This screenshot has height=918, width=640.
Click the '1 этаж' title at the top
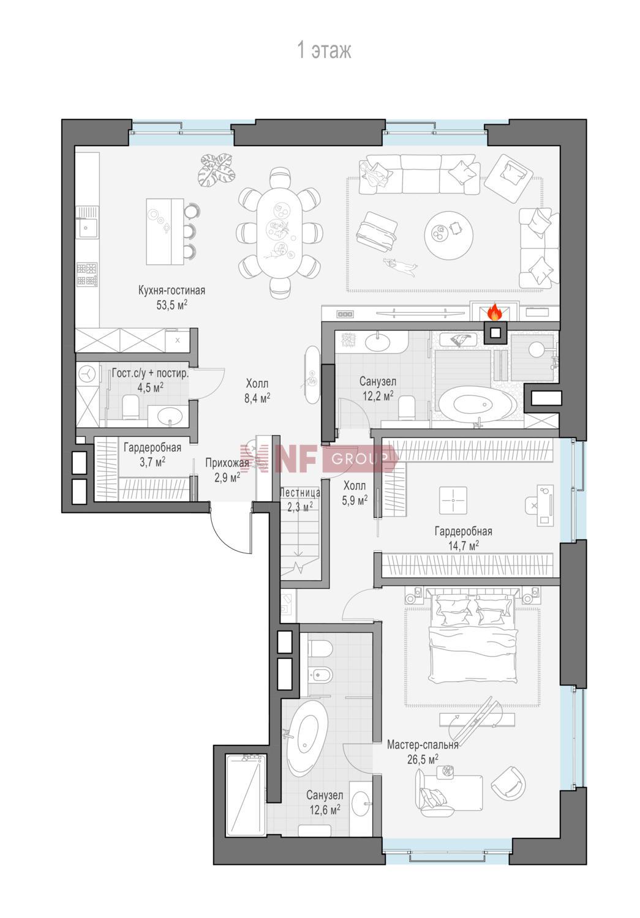click(324, 51)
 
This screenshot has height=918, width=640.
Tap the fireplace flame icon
click(494, 312)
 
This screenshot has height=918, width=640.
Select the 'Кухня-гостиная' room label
click(171, 291)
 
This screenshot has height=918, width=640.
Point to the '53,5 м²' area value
click(171, 305)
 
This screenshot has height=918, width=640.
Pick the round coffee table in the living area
click(448, 234)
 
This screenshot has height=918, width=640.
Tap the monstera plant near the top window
click(216, 170)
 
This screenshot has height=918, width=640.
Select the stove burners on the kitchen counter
click(86, 274)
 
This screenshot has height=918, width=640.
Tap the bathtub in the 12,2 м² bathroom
click(476, 404)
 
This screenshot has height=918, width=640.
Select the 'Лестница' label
click(299, 492)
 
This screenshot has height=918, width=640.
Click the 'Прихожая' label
click(227, 463)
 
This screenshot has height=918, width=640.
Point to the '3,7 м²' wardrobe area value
click(152, 462)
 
